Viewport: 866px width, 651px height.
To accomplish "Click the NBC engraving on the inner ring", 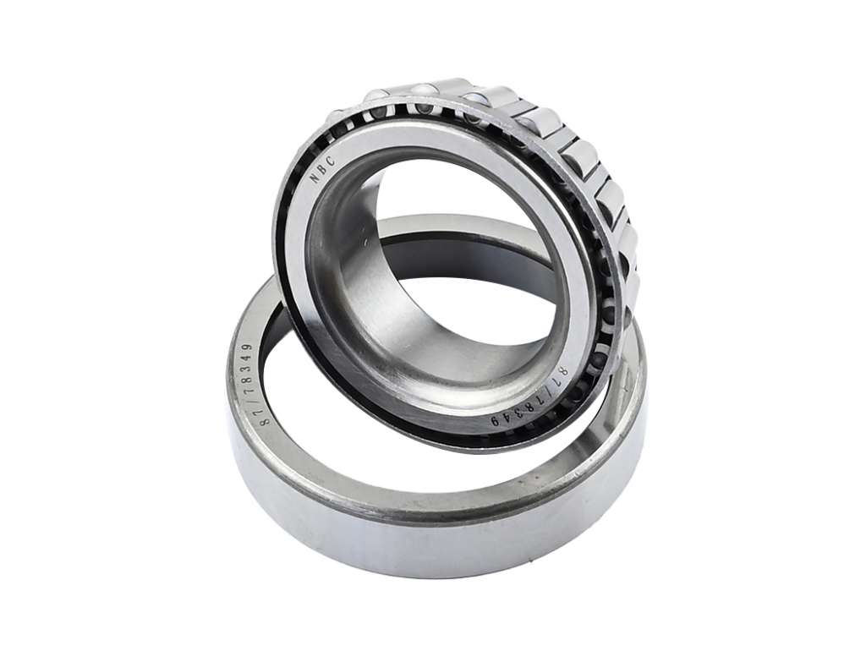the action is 322,169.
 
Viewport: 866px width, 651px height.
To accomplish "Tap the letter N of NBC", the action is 315,178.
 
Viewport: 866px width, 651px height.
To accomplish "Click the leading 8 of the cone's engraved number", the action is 562,369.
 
